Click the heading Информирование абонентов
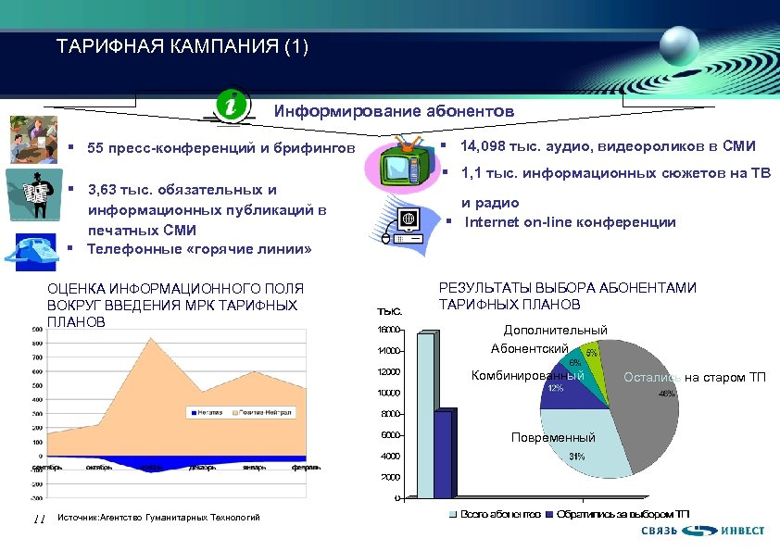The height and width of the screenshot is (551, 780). point(393,110)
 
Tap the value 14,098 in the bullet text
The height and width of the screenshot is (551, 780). point(482,146)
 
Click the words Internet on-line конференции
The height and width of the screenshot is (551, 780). point(570,222)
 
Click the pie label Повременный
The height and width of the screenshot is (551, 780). point(553,437)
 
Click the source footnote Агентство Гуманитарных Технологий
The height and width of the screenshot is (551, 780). point(158,518)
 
